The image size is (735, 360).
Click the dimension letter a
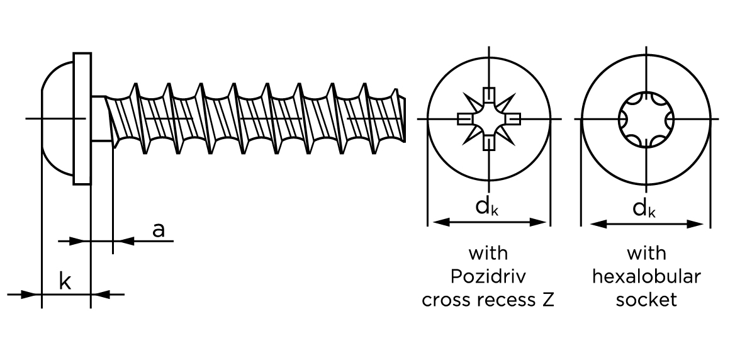[x=159, y=230]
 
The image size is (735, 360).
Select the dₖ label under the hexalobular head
[x=644, y=207]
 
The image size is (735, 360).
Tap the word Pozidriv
[x=488, y=276]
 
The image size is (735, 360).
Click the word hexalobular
[x=646, y=276]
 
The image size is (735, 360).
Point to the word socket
[x=646, y=300]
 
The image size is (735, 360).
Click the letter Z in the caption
[x=547, y=300]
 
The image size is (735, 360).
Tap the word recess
[x=504, y=300]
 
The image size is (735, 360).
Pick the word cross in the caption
[x=443, y=300]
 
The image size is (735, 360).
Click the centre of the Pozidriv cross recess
[x=488, y=118]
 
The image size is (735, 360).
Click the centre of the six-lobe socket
[x=646, y=118]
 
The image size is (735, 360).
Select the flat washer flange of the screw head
[x=82, y=118]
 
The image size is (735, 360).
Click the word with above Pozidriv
[x=488, y=254]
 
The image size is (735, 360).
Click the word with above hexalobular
[x=646, y=254]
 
